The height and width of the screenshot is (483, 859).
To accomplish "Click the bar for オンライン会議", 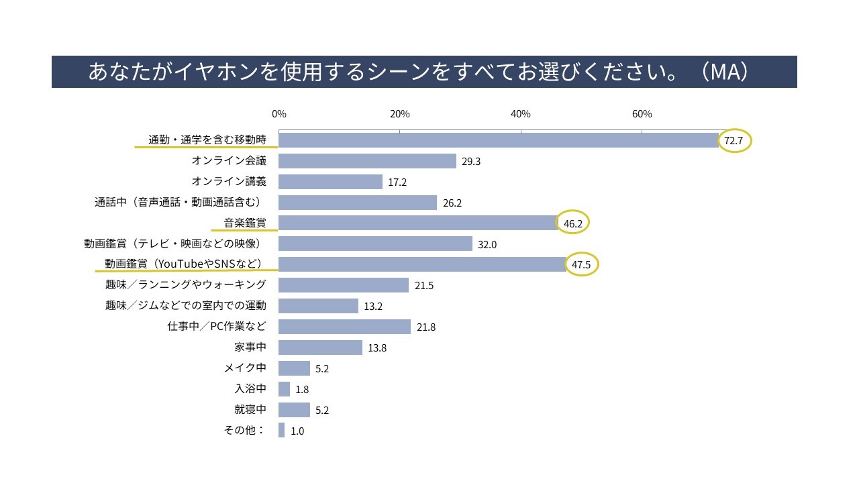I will [x=367, y=161].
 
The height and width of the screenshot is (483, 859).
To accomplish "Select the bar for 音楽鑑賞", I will [x=418, y=223].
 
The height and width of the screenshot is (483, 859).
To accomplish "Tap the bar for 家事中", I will [x=320, y=347].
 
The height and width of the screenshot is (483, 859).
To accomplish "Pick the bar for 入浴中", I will [x=284, y=389].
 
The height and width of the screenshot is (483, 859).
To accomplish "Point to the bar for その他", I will [x=282, y=431].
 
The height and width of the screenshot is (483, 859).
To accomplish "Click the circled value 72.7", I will [x=735, y=141].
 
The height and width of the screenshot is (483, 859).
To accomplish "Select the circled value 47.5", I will [x=580, y=265].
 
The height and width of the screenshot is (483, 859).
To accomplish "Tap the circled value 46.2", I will [x=573, y=223].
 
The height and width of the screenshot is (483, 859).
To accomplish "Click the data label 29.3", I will [x=471, y=162].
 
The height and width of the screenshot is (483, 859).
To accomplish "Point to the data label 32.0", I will [x=487, y=245].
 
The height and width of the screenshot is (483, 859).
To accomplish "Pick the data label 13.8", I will [x=377, y=348].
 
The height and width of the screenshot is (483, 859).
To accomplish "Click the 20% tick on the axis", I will [x=400, y=114].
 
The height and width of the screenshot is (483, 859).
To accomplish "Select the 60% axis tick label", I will [x=642, y=114].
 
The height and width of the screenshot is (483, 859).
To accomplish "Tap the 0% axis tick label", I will [x=279, y=114].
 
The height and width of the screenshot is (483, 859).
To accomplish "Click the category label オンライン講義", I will [x=229, y=181].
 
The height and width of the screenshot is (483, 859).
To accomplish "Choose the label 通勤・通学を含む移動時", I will [x=207, y=140].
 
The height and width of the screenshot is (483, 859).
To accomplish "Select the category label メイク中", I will [x=245, y=368].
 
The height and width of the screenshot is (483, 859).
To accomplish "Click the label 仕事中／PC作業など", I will [x=217, y=327].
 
